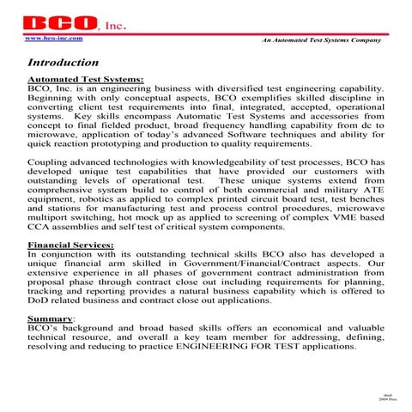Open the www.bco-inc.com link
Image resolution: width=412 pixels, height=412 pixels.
coord(54,39)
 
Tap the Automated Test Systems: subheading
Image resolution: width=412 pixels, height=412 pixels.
coord(85,79)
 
